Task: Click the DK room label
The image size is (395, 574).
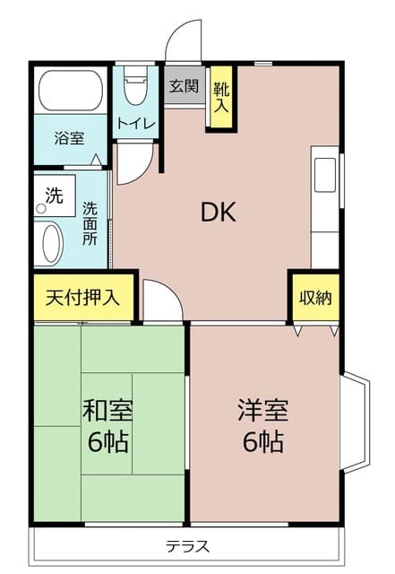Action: [218, 213]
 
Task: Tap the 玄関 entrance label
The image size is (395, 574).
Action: [184, 87]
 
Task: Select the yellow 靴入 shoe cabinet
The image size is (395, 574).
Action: [221, 95]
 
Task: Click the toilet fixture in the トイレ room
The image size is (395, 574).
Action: [136, 86]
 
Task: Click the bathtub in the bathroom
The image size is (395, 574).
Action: [72, 92]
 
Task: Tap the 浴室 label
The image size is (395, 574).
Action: [69, 139]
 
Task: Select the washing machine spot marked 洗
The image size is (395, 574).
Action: [53, 196]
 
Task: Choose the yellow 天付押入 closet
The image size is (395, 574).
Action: [83, 297]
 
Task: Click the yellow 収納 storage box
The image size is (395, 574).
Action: [315, 297]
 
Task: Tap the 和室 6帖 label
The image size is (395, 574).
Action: [108, 426]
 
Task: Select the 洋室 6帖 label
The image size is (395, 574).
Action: [262, 426]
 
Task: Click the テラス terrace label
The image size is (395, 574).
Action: [187, 544]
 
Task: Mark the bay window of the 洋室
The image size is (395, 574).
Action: [355, 422]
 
